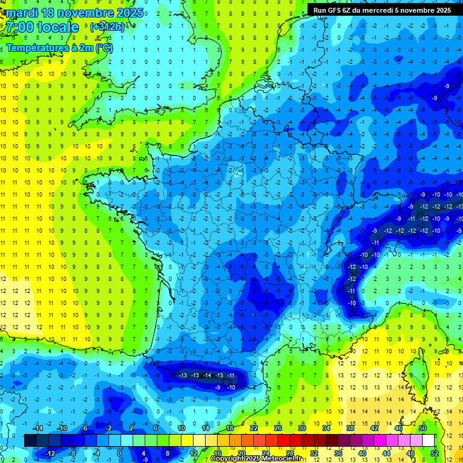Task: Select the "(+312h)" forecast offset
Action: coord(107,27)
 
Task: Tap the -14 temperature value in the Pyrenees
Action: coord(207,376)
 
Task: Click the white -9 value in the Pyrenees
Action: coord(218,387)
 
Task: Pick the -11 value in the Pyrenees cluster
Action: coord(231,376)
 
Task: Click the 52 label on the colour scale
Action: coord(435,453)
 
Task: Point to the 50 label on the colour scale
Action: coord(423,428)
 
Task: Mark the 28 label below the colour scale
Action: coord(290,453)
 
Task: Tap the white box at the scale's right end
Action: coord(428,441)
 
